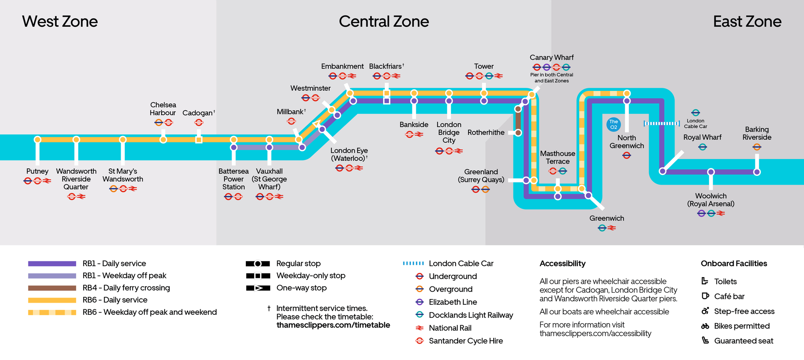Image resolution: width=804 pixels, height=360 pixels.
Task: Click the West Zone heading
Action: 60,21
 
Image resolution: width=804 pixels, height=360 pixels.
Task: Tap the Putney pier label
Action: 37,171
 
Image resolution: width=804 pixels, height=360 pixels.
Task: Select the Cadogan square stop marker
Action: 199,139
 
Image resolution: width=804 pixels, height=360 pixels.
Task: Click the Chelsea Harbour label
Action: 163,109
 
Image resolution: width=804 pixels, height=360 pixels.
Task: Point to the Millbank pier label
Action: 290,112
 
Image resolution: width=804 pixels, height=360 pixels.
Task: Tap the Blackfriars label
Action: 385,67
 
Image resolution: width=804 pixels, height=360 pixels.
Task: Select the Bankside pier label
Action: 414,125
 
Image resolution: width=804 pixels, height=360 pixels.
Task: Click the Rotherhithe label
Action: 486,133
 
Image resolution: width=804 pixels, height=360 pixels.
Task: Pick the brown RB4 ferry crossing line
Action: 518,121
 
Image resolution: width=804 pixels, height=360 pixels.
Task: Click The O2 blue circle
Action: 613,124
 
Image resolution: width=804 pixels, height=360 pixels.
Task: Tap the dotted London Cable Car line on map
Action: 662,123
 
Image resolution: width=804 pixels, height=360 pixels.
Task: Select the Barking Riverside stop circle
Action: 757,172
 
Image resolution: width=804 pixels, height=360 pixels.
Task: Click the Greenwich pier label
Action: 606,219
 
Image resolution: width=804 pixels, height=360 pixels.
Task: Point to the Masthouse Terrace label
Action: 557,157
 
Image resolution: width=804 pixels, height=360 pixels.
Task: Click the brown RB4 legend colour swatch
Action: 52,288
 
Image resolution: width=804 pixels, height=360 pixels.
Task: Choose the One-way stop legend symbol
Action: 258,288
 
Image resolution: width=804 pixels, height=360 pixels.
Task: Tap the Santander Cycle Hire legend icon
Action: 420,341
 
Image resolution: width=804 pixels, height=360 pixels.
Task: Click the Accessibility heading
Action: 562,264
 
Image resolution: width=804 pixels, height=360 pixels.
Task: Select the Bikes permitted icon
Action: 705,326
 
